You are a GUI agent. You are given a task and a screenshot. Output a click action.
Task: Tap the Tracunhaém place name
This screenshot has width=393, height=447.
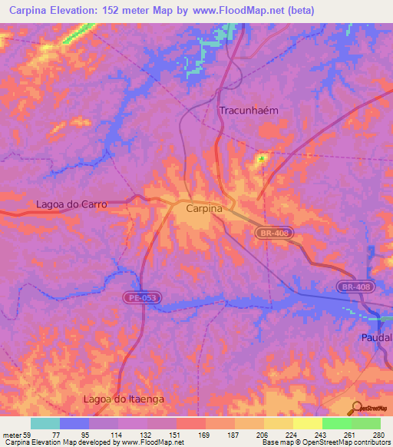pos(249,111)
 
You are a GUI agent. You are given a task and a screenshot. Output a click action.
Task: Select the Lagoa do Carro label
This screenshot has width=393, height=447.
pos(71,204)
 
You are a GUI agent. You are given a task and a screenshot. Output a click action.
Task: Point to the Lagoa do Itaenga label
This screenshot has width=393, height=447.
pos(123,399)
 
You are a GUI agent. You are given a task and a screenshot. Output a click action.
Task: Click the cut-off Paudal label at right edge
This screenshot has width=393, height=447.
pos(377,337)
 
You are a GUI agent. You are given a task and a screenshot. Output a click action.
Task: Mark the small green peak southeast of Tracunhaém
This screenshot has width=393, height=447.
pos(262,158)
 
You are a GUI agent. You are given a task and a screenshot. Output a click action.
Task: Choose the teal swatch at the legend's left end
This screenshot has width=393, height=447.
pos(45,423)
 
